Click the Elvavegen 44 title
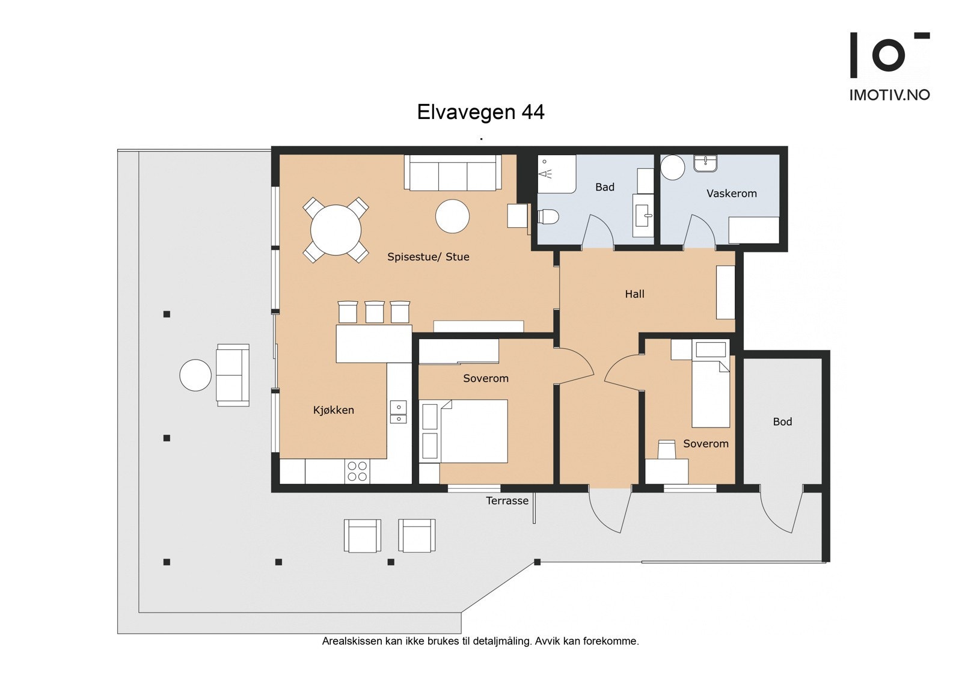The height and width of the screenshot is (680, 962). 480,112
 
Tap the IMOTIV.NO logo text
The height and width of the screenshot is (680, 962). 890,95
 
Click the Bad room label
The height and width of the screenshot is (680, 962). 605,187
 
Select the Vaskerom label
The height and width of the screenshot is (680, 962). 731,194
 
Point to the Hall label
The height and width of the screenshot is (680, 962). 635,294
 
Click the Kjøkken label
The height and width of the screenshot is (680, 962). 333,410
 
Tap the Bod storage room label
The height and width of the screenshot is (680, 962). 782,422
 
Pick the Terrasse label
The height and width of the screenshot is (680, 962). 507,500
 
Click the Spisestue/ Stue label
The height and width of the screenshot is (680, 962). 428,257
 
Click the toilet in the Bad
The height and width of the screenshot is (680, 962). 548,216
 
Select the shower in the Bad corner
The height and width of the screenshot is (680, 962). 557,174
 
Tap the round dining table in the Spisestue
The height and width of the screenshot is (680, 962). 336,230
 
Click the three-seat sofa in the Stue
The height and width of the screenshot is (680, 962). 453,173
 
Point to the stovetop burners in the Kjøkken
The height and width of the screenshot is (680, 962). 357,471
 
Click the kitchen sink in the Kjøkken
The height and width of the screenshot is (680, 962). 399,412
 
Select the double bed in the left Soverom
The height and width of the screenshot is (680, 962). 464,431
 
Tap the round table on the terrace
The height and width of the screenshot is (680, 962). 195,375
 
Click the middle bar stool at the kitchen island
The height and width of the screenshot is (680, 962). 375,312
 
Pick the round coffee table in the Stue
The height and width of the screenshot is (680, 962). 452,216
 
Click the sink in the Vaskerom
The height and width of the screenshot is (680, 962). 706,164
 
